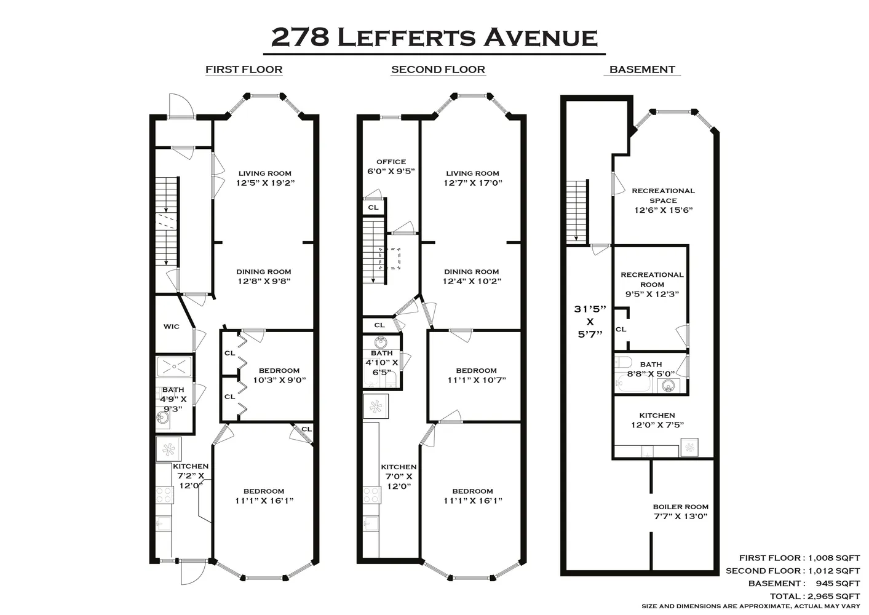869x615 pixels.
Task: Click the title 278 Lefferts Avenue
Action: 434,37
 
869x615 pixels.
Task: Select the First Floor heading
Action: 244,69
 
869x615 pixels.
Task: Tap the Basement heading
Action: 642,69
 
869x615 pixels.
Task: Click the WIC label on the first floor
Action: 172,326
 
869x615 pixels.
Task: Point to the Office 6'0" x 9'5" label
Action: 391,167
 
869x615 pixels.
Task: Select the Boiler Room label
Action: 680,511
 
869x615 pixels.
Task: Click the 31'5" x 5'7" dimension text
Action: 590,321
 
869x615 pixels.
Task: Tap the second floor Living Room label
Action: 472,178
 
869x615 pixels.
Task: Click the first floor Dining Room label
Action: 264,276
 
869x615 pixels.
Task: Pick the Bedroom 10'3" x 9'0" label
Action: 279,375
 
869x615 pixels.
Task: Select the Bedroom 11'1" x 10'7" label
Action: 476,375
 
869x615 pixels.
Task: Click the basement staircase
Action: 577,212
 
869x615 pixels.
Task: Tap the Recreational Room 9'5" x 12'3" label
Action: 652,284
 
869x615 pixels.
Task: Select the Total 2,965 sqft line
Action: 814,596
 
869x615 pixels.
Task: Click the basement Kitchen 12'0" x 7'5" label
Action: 657,420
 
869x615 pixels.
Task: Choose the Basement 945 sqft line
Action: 803,583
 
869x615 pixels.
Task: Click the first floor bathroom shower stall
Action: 175,367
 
